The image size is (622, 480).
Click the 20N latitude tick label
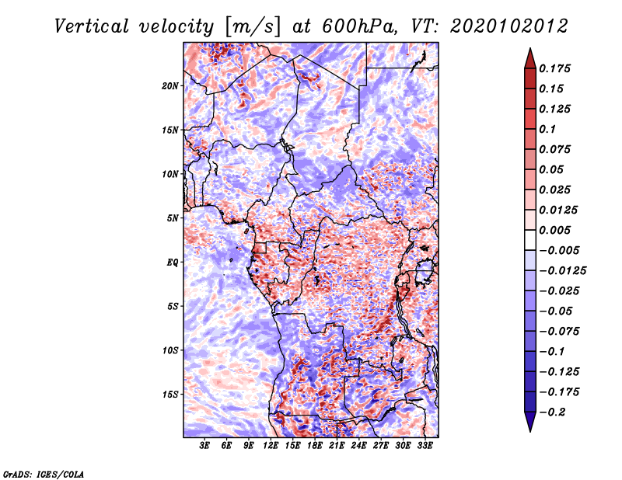click(x=170, y=86)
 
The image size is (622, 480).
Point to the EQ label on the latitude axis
click(x=172, y=263)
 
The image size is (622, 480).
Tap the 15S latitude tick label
click(x=170, y=395)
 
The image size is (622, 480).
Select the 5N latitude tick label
click(x=173, y=218)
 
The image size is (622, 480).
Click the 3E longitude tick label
click(x=204, y=446)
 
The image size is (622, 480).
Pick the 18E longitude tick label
click(x=315, y=446)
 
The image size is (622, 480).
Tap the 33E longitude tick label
click(x=425, y=446)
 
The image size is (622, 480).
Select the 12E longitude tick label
click(x=271, y=446)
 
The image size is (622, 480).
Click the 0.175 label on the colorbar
click(x=554, y=68)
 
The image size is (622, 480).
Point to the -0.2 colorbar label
click(x=552, y=412)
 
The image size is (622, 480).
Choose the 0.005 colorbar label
click(x=554, y=230)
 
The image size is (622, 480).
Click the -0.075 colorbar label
click(x=559, y=332)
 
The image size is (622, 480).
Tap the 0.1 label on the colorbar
click(x=547, y=129)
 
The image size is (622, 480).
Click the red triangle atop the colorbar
click(x=530, y=59)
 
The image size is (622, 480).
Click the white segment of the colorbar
click(x=530, y=240)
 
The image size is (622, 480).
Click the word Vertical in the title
click(x=92, y=26)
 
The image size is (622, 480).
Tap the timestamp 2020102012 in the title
click(x=509, y=26)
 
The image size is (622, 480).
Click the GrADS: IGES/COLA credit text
click(x=44, y=475)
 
